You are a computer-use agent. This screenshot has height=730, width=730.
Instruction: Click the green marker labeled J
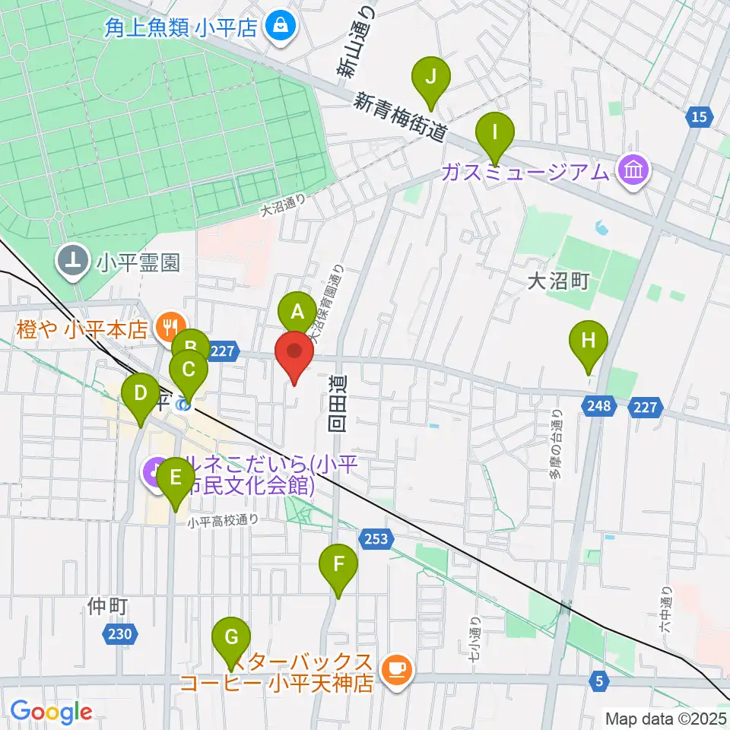coord(431,78)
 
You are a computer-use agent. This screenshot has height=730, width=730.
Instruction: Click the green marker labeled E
coord(175,481)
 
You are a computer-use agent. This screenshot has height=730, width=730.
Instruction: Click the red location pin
coord(294,353)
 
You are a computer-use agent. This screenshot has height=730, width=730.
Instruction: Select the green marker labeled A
coord(297,313)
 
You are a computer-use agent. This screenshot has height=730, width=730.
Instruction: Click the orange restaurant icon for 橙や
coord(167,328)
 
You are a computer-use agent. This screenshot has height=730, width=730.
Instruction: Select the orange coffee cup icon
coord(395,668)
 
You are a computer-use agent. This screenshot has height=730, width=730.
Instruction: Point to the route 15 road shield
coord(700,116)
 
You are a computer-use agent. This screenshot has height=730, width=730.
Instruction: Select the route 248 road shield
coord(599,407)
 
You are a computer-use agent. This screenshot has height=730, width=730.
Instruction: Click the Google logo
coord(51,713)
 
